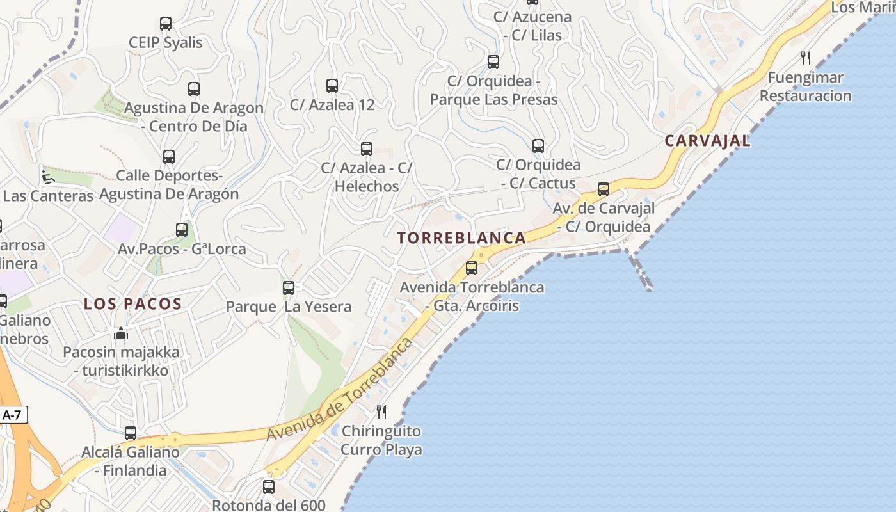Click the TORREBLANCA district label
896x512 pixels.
tap(461, 238)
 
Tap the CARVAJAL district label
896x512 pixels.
tap(707, 141)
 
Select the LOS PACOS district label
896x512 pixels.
tap(133, 304)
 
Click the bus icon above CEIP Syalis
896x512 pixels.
tap(166, 24)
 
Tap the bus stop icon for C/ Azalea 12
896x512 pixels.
tap(332, 86)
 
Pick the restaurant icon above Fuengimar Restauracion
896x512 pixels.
tap(806, 58)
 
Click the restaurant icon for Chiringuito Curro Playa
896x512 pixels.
tap(381, 412)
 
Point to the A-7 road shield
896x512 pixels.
tap(12, 415)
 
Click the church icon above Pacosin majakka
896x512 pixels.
tap(121, 333)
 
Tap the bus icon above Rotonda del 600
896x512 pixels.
tap(269, 487)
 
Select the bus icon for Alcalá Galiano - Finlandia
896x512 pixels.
tap(131, 433)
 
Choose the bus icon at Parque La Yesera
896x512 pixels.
tap(289, 288)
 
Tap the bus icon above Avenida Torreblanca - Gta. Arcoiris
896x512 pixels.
tap(472, 268)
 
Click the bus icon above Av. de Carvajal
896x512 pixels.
tap(604, 189)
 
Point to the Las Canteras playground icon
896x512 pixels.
tap(48, 176)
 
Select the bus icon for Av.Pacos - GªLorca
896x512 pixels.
tap(182, 230)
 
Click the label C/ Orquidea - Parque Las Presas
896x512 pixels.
tap(493, 90)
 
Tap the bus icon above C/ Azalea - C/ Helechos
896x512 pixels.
tap(367, 149)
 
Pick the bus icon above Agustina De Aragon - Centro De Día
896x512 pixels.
tap(194, 89)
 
